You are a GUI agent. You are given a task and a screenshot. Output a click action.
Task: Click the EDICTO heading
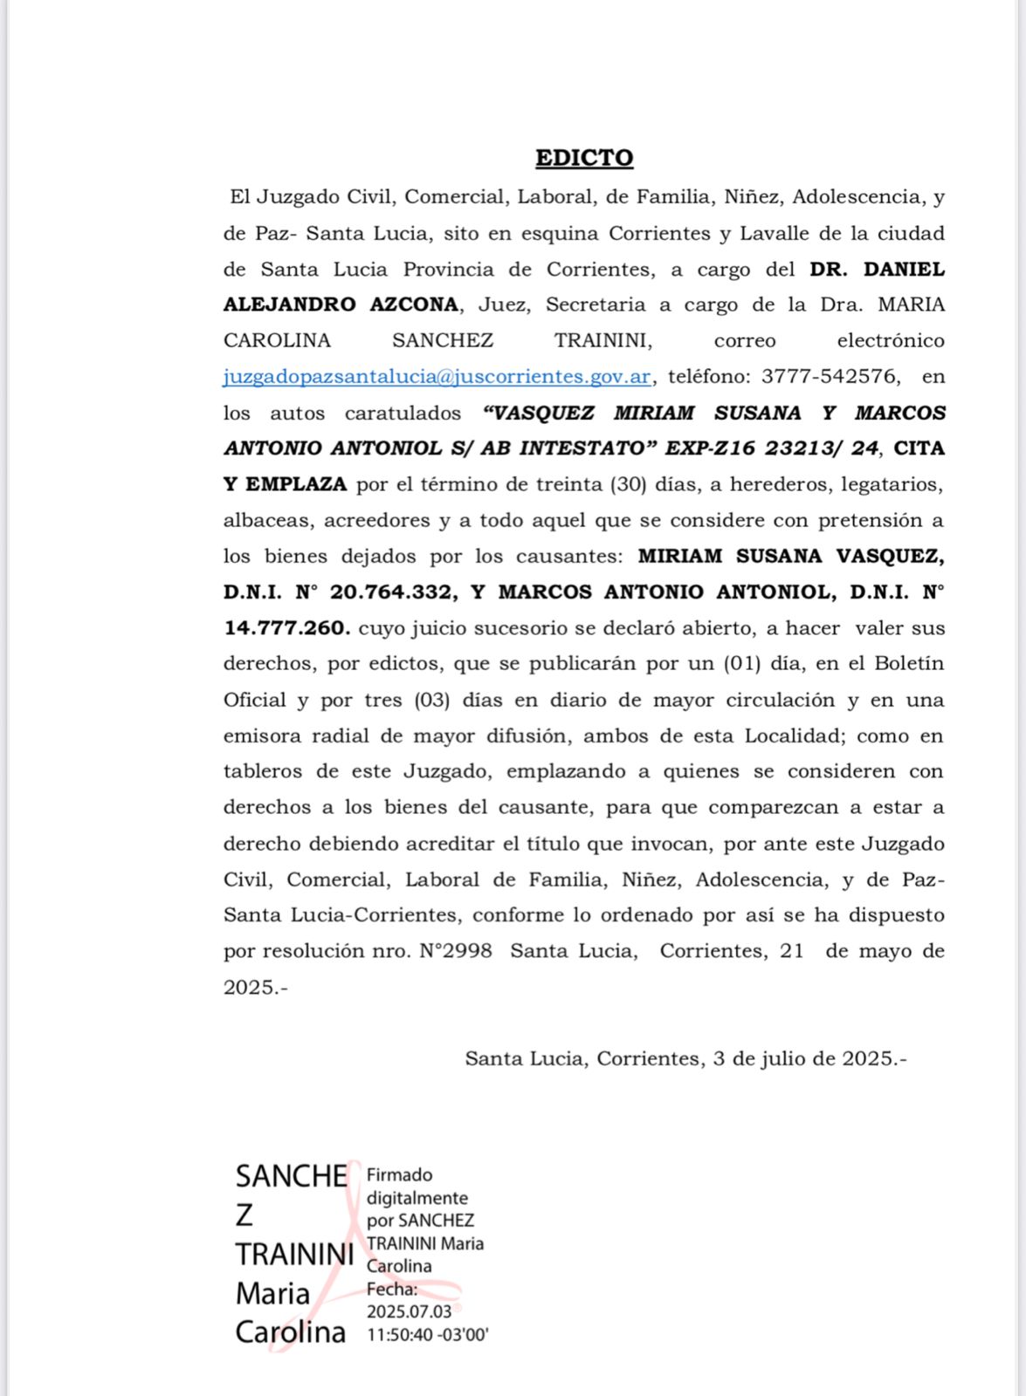tap(584, 158)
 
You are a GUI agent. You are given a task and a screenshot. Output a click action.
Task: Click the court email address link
tap(437, 377)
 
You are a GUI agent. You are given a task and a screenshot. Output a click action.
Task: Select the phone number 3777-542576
tap(830, 377)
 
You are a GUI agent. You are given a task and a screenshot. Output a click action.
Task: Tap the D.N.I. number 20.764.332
tap(393, 592)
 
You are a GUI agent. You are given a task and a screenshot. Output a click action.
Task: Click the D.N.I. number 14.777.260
tap(286, 628)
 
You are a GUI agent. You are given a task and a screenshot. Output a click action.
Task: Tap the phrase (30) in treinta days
tap(627, 484)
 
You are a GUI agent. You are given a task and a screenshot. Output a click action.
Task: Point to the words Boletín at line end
tap(909, 664)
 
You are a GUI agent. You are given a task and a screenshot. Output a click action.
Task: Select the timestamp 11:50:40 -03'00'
tap(427, 1335)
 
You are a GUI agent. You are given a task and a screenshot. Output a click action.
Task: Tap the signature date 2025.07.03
tap(409, 1312)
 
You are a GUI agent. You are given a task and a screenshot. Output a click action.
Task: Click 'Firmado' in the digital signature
tap(399, 1175)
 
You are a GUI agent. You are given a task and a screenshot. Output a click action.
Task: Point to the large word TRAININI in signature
tap(294, 1255)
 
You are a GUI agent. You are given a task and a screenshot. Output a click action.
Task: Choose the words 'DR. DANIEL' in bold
tap(877, 270)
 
